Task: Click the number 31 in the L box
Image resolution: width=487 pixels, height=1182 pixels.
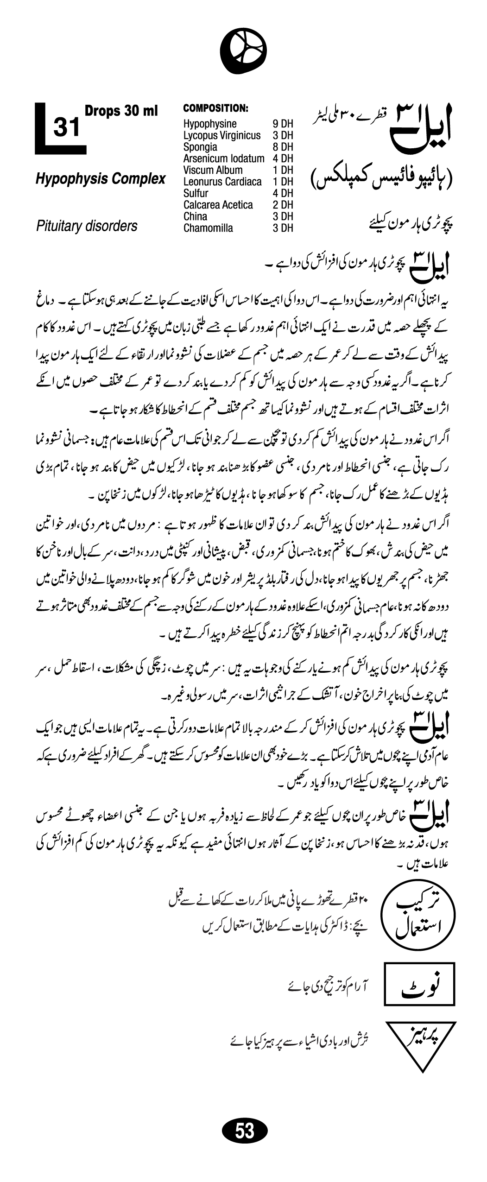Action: tap(67, 127)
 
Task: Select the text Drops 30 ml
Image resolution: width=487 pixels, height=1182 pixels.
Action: tap(121, 111)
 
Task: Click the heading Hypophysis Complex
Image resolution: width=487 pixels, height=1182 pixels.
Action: tap(101, 179)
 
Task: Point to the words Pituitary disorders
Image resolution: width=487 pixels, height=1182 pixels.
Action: tap(87, 226)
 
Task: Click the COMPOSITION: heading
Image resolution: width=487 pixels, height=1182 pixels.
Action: tap(216, 108)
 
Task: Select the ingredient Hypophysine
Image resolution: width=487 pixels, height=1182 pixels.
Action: tap(210, 124)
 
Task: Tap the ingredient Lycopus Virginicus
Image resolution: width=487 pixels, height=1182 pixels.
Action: tap(222, 135)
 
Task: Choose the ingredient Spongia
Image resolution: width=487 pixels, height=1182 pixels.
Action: tap(200, 147)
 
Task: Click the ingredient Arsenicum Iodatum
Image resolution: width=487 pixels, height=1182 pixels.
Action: tap(224, 158)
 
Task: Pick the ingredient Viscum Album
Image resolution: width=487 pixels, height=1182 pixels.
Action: tap(213, 170)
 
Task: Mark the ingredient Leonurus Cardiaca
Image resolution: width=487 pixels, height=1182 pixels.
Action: tap(222, 182)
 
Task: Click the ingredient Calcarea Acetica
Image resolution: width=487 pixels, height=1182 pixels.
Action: tap(218, 205)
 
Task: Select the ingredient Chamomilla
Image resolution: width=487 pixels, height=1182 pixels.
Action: tap(208, 228)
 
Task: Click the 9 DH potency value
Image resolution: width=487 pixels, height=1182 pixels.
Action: tap(283, 124)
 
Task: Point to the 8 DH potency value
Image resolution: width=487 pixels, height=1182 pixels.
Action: tap(283, 147)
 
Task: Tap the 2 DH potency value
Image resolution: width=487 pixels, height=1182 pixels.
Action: tap(283, 205)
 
